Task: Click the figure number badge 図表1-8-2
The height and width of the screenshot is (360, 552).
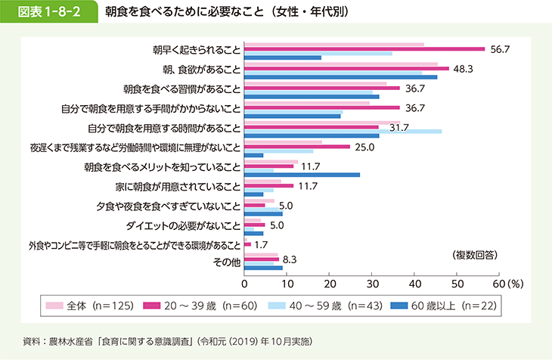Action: [x=50, y=13]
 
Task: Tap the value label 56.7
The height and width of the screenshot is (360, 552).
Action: [x=501, y=49]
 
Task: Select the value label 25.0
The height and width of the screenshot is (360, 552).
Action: [x=365, y=147]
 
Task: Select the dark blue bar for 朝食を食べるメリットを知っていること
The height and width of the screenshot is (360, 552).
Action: [x=302, y=174]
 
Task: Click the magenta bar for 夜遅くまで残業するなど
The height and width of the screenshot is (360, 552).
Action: [x=297, y=147]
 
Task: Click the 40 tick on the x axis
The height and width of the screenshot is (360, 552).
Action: [x=414, y=283]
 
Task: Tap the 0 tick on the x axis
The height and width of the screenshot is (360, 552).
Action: [x=244, y=283]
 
